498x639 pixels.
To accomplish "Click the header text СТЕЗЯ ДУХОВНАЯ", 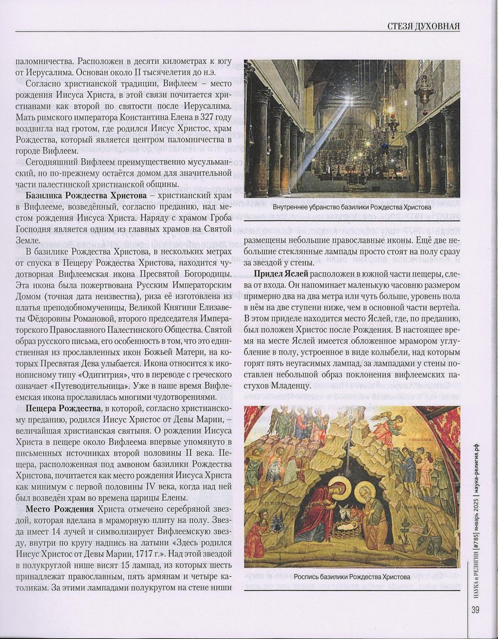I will point(423,26).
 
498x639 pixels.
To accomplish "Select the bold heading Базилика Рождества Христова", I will point(79,196).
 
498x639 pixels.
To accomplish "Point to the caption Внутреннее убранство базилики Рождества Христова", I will point(352,207).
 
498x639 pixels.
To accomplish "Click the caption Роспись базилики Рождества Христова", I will point(352,577).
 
